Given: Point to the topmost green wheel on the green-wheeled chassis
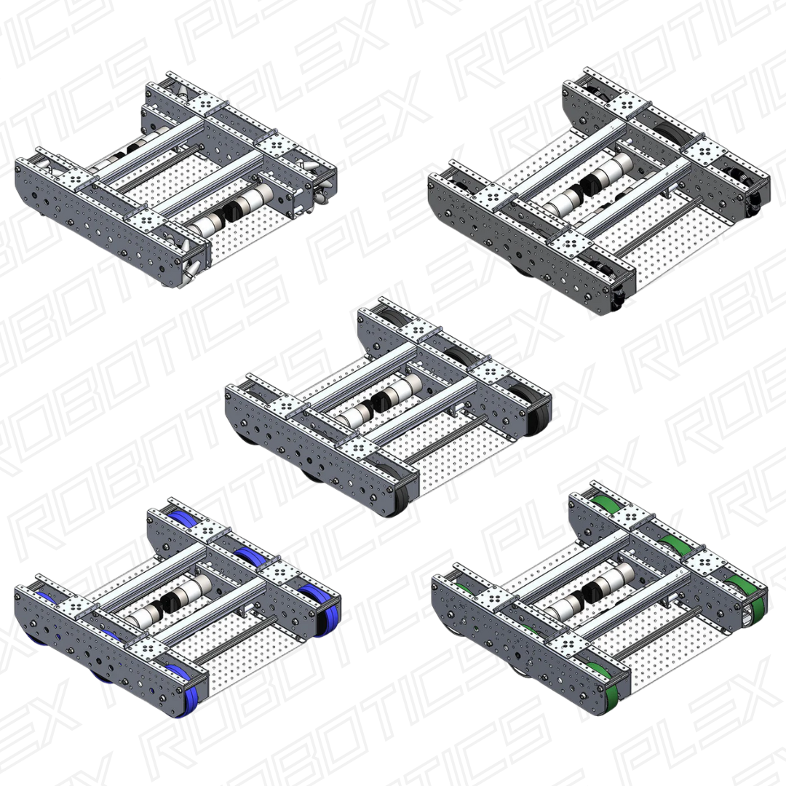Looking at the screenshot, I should [608, 502].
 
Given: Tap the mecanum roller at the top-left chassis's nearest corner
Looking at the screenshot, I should [195, 263].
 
